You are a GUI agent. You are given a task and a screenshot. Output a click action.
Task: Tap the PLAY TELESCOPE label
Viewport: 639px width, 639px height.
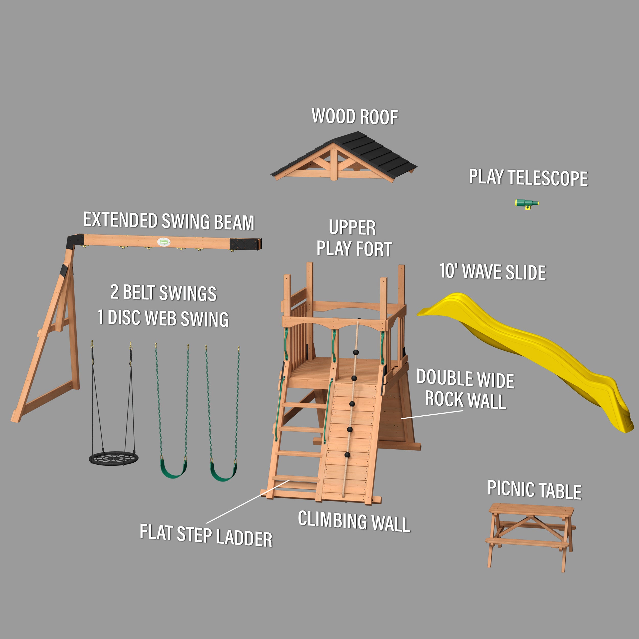click(x=528, y=178)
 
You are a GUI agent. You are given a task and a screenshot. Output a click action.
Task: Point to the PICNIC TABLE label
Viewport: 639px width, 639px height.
click(x=534, y=490)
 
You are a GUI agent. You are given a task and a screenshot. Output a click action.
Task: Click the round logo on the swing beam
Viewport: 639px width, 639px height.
click(x=163, y=242)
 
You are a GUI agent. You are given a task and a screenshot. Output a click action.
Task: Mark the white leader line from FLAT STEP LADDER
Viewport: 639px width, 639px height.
click(x=248, y=502)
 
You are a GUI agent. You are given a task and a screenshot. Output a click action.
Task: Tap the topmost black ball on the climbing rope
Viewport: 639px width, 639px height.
click(x=356, y=352)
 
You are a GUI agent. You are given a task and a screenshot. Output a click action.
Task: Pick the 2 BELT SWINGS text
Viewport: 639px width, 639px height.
click(x=163, y=292)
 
